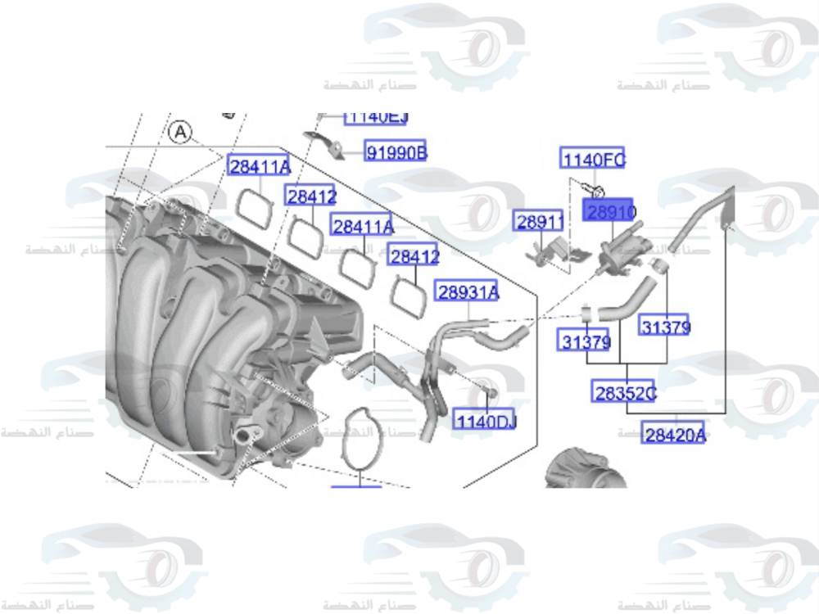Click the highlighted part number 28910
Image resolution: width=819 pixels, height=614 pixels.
click(x=608, y=211)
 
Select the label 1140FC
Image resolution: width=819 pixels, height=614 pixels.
click(x=593, y=159)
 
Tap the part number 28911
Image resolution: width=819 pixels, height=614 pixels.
click(x=539, y=221)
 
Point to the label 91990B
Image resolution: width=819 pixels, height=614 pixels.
click(x=396, y=151)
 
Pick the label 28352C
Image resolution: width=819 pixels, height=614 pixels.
click(x=624, y=392)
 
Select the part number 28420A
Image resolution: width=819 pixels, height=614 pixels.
click(x=674, y=434)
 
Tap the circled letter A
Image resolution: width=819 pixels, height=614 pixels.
click(x=179, y=131)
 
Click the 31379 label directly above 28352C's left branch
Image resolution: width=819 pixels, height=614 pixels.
click(x=586, y=340)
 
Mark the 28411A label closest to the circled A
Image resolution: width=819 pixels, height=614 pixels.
click(x=260, y=167)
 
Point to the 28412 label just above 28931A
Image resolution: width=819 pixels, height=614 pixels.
click(x=414, y=256)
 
